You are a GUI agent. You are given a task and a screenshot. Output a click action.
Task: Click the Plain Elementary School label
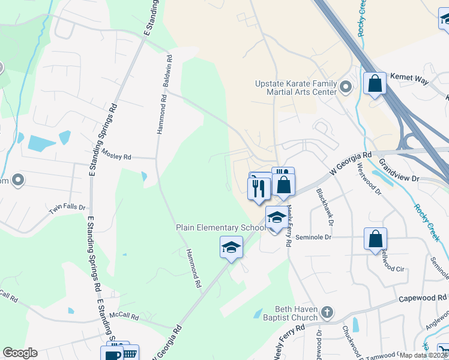point(220,228)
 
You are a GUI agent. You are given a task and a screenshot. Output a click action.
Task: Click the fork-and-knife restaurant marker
point(259,188)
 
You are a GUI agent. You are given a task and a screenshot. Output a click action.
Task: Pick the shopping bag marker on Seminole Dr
point(375,238)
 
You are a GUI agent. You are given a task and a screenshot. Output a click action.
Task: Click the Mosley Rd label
point(116,156)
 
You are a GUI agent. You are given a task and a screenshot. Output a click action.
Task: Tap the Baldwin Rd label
point(169,73)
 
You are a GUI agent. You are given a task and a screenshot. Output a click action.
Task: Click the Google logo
point(20,353)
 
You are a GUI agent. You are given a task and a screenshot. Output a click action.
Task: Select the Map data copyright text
point(424,355)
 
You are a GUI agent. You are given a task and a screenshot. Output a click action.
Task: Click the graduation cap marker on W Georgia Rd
point(231,247)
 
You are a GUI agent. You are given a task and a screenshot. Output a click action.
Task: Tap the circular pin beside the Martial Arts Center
point(345,88)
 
